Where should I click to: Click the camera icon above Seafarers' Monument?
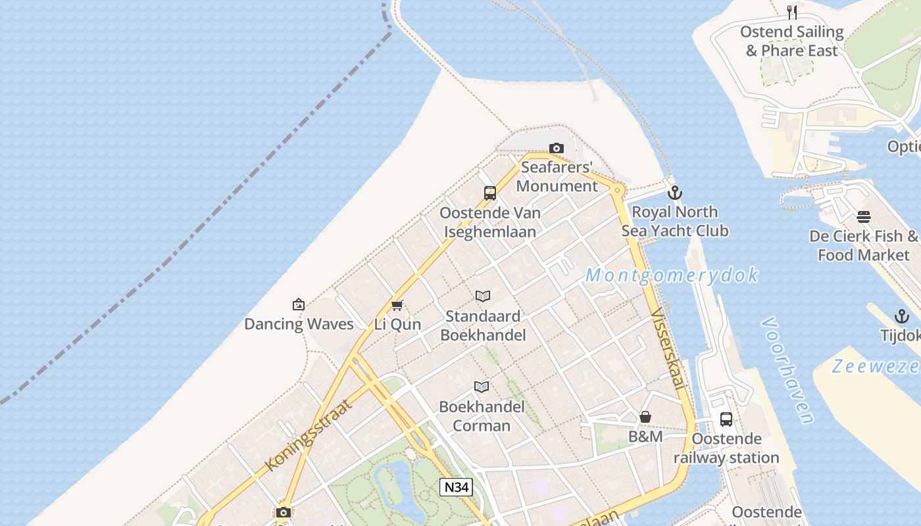pos(557,148)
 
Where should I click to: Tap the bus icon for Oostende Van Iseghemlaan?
pos(490,193)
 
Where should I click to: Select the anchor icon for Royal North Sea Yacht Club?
pos(674,193)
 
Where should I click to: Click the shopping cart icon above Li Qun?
pos(397,305)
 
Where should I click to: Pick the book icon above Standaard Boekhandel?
pos(483,297)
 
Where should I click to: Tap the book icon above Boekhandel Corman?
pos(482,387)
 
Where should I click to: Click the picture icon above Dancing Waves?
pos(299,304)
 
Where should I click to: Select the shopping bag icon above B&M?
pos(645,417)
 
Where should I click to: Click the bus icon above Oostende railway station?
pos(726,419)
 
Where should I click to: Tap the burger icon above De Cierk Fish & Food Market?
pos(864,217)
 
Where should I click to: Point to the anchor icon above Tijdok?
pos(901,316)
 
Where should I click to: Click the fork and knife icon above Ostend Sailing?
pos(792,12)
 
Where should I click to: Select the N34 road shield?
pos(456,487)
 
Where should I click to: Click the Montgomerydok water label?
pos(672,275)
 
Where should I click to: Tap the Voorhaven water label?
pos(787,371)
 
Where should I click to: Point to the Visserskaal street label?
pos(668,350)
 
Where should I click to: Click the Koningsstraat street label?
pos(309,435)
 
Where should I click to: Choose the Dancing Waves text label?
pos(299,324)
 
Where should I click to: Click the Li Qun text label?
pos(397,325)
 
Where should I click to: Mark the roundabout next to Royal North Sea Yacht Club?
pos(617,191)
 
